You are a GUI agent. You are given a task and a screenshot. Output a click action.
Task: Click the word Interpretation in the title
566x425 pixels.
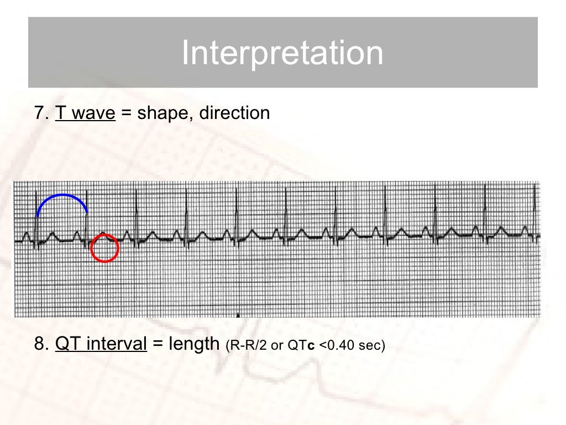[x=282, y=53]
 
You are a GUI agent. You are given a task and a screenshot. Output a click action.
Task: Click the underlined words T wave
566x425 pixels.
[x=85, y=113]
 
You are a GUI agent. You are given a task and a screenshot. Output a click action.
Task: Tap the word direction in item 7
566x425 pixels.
[x=234, y=113]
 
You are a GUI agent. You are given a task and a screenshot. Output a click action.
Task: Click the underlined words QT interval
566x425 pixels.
[x=101, y=344]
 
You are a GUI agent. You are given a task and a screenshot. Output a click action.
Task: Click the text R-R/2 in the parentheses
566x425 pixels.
[x=247, y=346]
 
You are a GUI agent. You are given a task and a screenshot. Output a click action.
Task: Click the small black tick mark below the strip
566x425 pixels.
[x=238, y=316]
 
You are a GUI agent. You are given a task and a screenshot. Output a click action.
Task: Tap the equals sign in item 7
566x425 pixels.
[x=126, y=113]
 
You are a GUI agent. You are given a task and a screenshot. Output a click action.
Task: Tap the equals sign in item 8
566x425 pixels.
[x=158, y=345]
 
